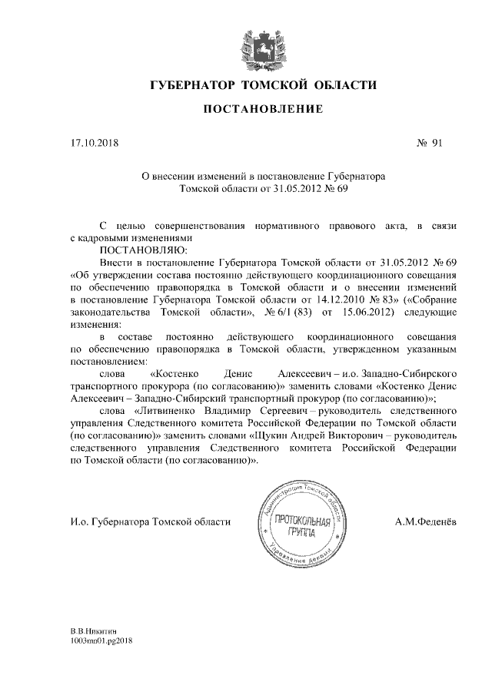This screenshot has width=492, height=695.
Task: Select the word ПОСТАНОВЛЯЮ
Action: (x=143, y=250)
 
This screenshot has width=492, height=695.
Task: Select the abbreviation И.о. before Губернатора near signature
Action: (x=79, y=523)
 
